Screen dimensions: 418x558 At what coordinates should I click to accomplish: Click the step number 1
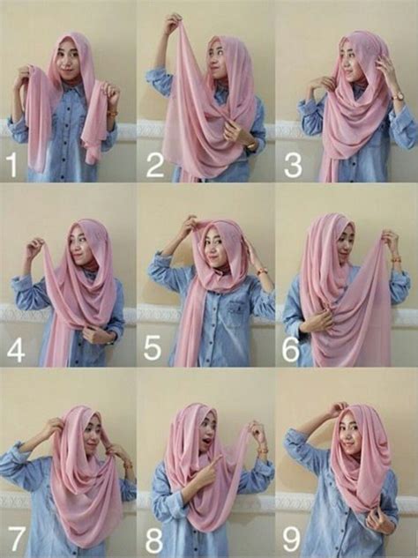coord(12,165)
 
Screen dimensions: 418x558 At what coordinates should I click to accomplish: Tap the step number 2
coord(155,165)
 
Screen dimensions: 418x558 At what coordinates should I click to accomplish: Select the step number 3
coord(293,165)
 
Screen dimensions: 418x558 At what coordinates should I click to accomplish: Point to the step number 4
coord(16,349)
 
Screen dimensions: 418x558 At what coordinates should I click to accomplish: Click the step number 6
coord(291,348)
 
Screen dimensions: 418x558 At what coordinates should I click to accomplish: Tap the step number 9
coord(292,539)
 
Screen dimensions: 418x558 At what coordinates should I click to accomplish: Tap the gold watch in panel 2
coord(251,146)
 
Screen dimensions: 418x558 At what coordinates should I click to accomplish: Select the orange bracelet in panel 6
coord(395,258)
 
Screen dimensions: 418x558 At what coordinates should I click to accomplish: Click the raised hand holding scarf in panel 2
coord(173,22)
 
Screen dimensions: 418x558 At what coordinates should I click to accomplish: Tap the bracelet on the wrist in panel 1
coord(114,114)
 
